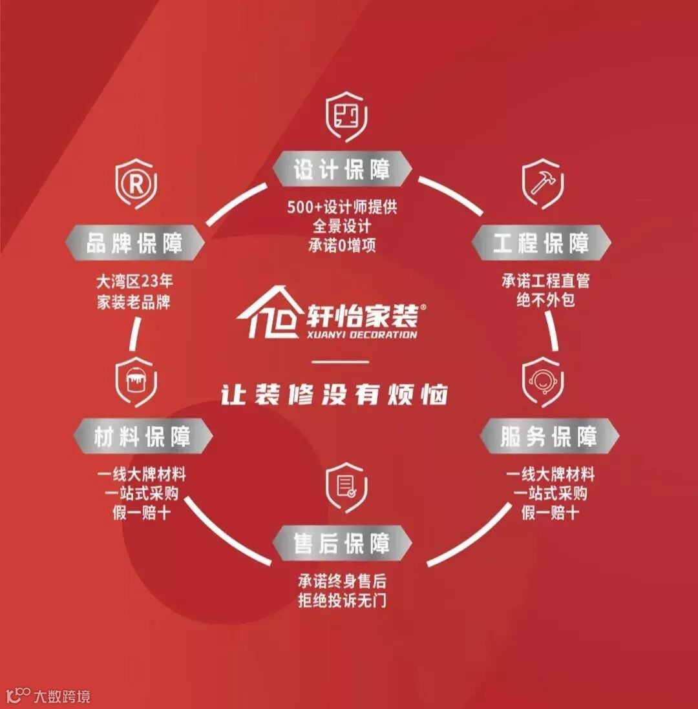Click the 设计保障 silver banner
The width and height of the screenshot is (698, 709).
[x=342, y=169]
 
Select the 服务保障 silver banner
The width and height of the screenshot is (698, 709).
[x=549, y=437]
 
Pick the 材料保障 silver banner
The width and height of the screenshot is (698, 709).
[x=143, y=437]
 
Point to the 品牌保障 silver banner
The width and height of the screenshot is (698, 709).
[x=135, y=243]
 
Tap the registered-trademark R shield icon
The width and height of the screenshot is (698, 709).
[x=136, y=185]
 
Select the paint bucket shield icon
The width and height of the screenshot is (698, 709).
[x=136, y=382]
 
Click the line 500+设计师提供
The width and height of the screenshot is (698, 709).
[x=342, y=208]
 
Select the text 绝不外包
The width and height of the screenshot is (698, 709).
[x=545, y=300]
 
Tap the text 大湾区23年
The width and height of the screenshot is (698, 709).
[x=134, y=282]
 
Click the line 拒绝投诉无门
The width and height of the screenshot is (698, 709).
[x=342, y=600]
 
